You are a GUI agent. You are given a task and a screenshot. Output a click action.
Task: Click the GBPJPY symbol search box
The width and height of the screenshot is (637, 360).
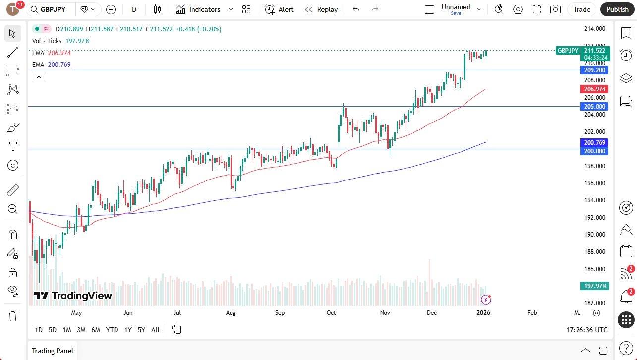tap(52, 9)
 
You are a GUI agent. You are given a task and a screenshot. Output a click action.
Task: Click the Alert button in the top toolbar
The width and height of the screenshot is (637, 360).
tap(279, 9)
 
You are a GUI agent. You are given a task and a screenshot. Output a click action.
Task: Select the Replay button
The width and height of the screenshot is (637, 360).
tap(321, 9)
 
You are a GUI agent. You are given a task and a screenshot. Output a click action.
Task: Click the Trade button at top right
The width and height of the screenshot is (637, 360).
tap(581, 9)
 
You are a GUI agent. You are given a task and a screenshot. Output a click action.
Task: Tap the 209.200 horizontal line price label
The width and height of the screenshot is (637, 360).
tap(594, 70)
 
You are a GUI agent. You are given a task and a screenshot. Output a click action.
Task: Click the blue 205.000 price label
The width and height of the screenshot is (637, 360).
tap(594, 107)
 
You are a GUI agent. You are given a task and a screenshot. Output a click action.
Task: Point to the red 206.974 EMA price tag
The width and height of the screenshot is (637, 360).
tap(594, 89)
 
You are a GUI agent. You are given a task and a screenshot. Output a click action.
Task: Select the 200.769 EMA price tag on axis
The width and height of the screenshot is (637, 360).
tap(594, 143)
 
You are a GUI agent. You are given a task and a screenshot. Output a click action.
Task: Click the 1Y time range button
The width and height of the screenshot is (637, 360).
tap(128, 330)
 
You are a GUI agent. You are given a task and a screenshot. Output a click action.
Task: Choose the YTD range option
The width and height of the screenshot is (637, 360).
tap(112, 330)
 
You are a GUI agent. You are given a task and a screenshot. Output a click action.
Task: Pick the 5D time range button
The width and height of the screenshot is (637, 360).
tap(53, 330)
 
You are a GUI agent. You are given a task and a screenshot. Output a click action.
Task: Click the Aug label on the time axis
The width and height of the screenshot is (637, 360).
tap(231, 313)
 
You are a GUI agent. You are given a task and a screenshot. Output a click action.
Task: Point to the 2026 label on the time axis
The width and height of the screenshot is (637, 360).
tap(483, 313)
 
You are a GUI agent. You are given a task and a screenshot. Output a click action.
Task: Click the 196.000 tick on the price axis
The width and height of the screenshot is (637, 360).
tap(594, 183)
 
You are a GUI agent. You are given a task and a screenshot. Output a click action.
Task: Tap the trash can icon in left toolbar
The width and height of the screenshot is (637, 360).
tap(13, 316)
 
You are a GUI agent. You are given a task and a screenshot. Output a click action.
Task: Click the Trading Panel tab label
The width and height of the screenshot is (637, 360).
tap(53, 351)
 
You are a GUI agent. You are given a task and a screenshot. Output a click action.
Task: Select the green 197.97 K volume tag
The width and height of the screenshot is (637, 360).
tap(594, 286)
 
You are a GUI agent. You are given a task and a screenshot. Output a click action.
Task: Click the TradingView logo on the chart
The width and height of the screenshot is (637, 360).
tap(73, 296)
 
